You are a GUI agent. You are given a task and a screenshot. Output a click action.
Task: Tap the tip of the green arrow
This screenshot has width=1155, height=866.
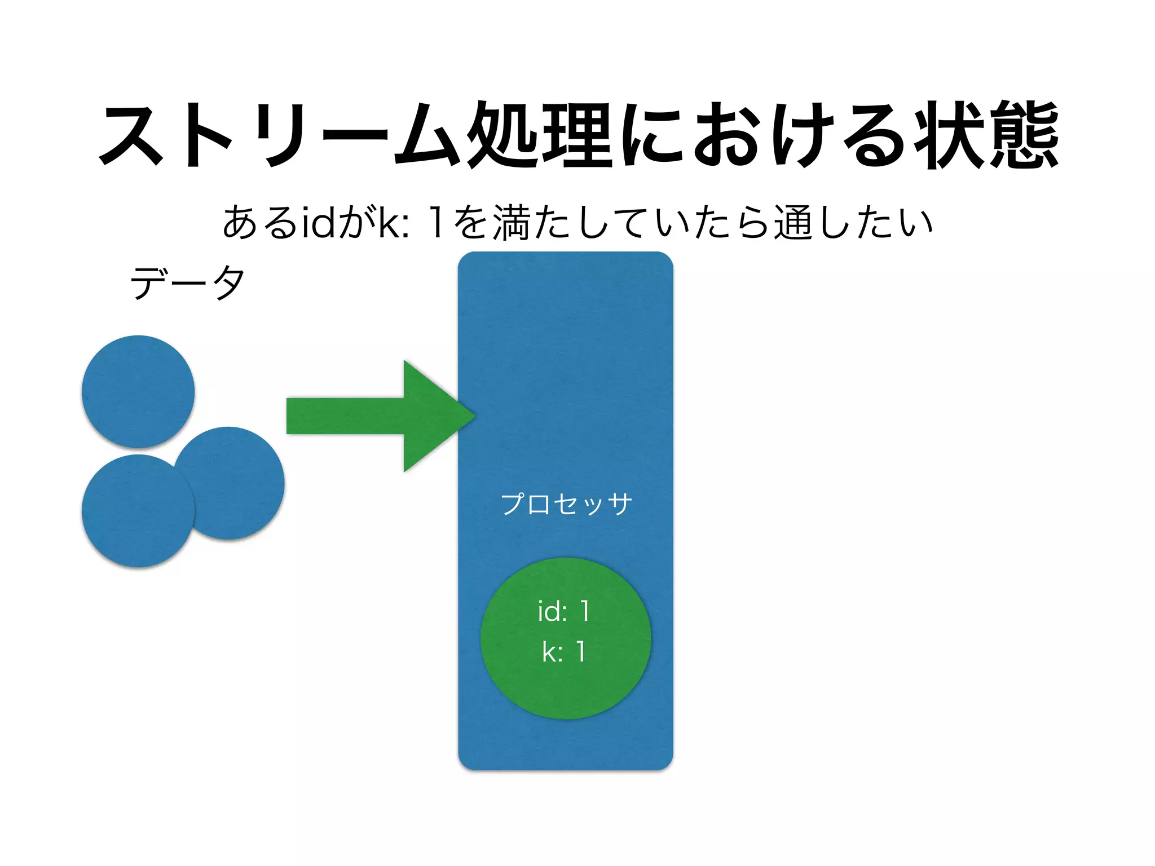click(x=473, y=416)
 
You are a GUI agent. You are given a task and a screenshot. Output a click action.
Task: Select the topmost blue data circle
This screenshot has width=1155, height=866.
click(x=138, y=391)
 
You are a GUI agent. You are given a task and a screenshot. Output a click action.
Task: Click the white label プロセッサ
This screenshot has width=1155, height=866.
click(x=566, y=503)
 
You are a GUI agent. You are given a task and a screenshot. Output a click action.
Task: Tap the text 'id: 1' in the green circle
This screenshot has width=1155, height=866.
click(x=564, y=611)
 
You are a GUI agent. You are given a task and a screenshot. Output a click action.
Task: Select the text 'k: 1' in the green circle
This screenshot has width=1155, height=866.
click(x=564, y=652)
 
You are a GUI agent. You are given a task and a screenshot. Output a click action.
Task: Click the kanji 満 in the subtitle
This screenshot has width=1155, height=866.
click(x=512, y=222)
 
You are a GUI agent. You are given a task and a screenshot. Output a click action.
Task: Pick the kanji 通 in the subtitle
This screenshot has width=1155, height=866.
click(x=793, y=222)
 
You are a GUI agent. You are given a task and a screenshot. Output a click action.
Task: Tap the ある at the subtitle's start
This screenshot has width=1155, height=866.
click(x=259, y=222)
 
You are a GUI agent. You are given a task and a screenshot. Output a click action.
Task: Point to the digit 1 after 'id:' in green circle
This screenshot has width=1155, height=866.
click(x=585, y=611)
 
